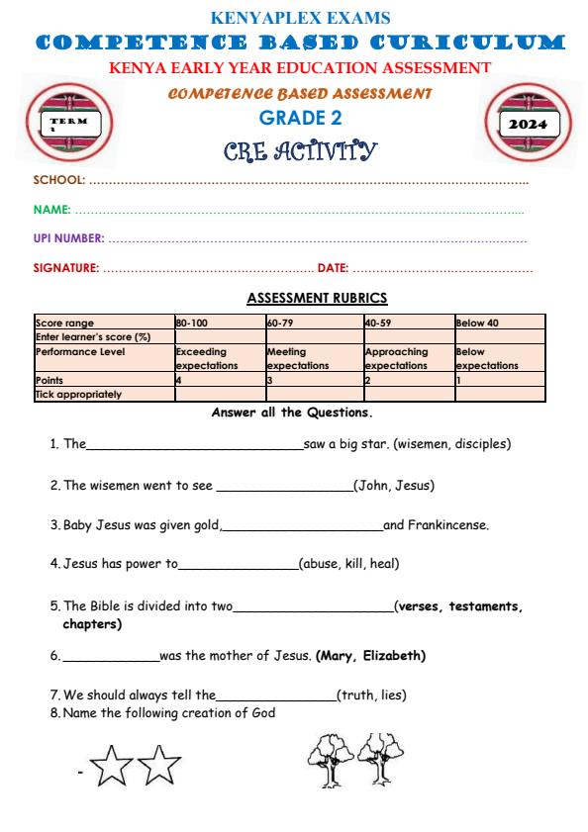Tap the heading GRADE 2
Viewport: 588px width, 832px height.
(x=293, y=119)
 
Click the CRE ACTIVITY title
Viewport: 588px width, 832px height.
(x=295, y=151)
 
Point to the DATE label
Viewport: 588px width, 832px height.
(x=331, y=267)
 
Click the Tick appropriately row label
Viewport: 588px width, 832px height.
(x=78, y=395)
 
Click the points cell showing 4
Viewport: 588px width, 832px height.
(x=179, y=380)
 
